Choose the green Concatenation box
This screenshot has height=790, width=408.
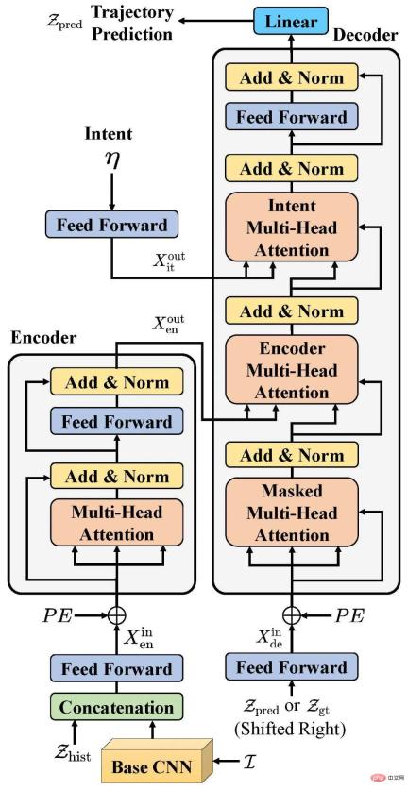tap(116, 707)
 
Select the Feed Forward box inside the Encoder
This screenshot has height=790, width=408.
tap(118, 422)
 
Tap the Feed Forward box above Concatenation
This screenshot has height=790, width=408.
tap(116, 668)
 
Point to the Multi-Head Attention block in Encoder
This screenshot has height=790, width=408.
tap(118, 523)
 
